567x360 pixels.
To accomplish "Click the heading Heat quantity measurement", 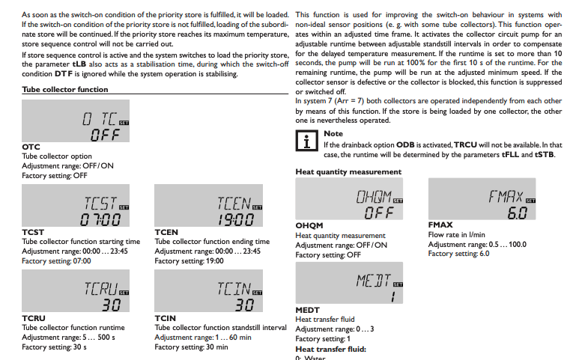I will (x=348, y=172).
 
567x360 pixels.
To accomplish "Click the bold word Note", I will (x=333, y=134).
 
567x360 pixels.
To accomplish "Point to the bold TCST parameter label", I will (x=34, y=233).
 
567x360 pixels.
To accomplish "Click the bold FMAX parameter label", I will (x=440, y=225).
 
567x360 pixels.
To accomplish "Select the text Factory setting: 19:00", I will (x=189, y=261).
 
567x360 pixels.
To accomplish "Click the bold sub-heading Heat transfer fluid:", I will (x=330, y=349).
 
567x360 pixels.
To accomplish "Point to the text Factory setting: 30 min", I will (x=192, y=347).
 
